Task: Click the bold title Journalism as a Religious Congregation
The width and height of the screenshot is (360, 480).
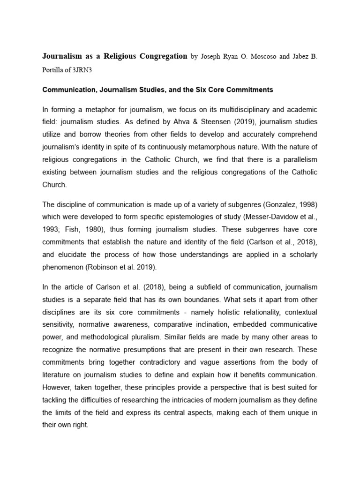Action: click(x=114, y=56)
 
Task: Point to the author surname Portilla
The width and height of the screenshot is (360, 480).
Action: click(x=56, y=69)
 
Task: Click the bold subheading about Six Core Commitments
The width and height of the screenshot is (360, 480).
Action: click(x=157, y=89)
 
